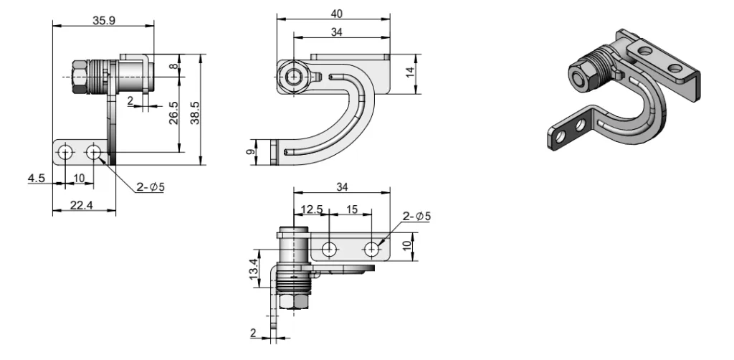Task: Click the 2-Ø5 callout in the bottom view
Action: (416, 216)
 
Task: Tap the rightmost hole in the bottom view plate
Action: (371, 249)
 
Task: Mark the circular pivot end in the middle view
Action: (293, 77)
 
